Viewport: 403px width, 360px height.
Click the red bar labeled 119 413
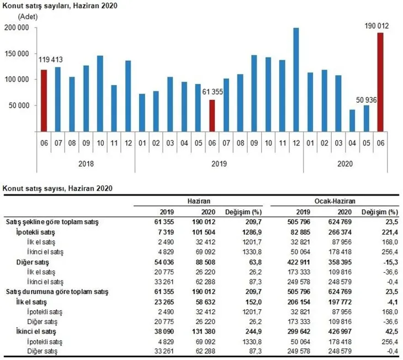[44, 100]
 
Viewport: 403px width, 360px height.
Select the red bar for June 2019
[212, 116]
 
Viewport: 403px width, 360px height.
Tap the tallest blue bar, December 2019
[296, 80]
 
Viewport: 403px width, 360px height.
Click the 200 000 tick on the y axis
[17, 28]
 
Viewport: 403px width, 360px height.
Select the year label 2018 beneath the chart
[86, 163]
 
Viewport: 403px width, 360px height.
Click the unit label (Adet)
[28, 17]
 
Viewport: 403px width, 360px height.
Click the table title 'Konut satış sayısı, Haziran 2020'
[58, 188]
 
